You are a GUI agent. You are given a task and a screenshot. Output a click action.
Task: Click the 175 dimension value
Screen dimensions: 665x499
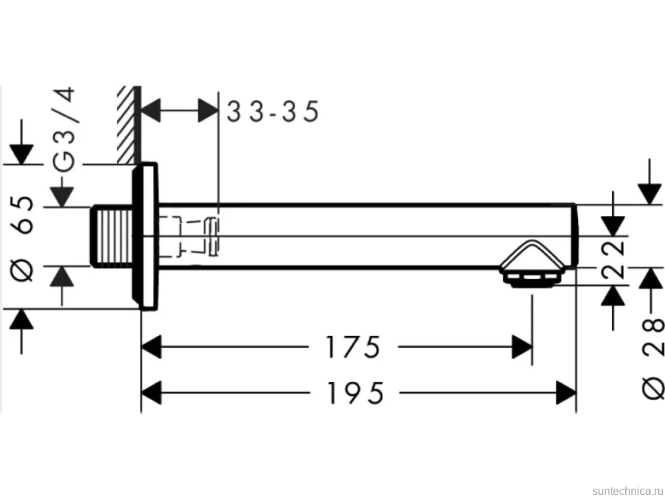pyautogui.click(x=352, y=347)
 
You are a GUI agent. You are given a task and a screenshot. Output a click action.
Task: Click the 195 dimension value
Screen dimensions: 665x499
pyautogui.click(x=355, y=393)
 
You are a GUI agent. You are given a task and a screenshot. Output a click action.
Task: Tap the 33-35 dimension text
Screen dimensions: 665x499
pyautogui.click(x=273, y=112)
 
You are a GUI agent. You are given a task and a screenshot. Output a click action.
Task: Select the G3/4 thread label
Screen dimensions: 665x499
pyautogui.click(x=65, y=130)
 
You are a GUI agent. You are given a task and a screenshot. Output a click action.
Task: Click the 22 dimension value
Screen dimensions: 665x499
pyautogui.click(x=614, y=260)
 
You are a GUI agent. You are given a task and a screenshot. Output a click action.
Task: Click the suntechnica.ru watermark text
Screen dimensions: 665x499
pyautogui.click(x=627, y=491)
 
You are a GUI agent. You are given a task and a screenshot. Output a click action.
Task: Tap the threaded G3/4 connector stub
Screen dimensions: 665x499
pyautogui.click(x=112, y=236)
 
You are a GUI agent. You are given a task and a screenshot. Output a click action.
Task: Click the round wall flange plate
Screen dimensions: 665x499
pyautogui.click(x=145, y=236)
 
